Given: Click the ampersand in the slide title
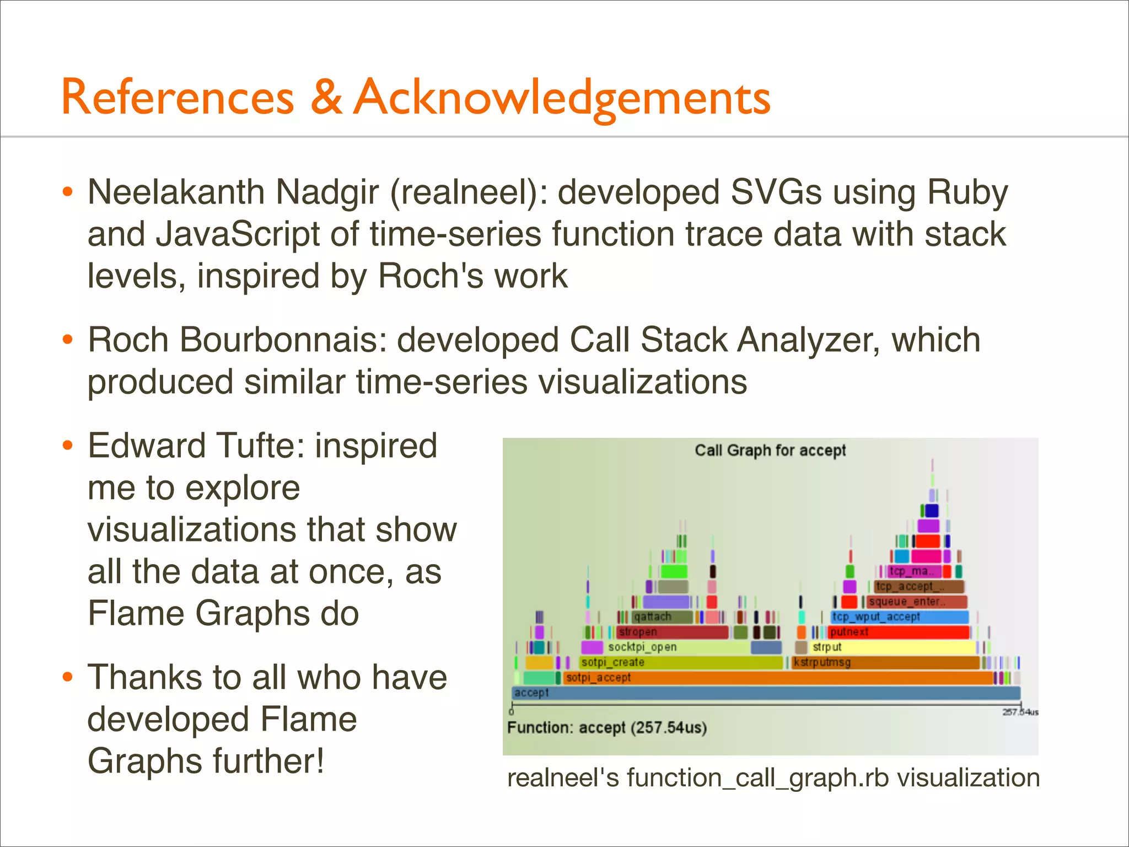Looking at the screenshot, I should point(326,97).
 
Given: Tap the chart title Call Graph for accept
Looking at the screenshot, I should point(770,451).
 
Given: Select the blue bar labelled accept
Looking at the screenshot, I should point(766,693).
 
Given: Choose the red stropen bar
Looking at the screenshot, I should point(673,632).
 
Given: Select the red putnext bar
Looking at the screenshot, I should point(899,632).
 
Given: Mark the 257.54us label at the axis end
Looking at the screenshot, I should point(1020,712).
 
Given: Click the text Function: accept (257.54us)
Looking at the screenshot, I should point(606,728).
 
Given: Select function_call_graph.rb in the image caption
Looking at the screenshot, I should point(758,778).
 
